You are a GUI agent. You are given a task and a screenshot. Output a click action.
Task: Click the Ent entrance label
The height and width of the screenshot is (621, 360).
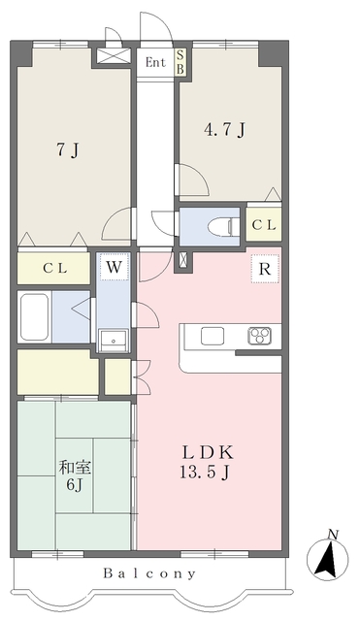155,62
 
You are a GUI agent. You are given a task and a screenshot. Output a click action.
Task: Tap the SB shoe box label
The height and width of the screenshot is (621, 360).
180,62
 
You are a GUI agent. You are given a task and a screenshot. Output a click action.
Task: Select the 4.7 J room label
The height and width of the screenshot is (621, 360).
224,129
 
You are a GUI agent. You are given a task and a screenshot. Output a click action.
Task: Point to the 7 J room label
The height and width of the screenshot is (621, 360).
68,149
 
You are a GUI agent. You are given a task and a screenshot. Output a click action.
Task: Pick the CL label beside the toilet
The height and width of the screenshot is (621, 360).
264,225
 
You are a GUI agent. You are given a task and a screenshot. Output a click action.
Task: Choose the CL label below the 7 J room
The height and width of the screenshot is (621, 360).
55,269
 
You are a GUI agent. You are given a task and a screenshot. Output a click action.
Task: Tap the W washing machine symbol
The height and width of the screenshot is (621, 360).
115,268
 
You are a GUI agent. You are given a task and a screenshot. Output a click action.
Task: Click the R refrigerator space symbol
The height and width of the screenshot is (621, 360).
265,269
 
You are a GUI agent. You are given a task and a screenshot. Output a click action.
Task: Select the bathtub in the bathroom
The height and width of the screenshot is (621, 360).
35,317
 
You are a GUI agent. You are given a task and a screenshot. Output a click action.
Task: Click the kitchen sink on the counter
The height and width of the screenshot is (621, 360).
213,337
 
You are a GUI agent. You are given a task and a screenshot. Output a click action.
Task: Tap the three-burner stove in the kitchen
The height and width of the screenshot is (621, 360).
259,336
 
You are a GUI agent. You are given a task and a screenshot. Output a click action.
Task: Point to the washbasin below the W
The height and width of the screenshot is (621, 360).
114,341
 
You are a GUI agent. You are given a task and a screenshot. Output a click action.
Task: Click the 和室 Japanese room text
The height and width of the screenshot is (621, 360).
75,468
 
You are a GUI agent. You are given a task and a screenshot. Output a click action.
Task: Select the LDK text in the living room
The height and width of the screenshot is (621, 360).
208,452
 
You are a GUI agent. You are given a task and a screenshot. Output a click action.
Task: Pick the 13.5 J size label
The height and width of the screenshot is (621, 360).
205,473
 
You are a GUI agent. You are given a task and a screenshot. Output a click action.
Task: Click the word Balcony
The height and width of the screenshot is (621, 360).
149,573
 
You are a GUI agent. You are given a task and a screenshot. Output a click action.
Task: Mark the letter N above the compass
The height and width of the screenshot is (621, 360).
333,535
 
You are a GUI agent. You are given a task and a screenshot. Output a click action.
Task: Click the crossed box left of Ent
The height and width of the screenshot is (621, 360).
113,56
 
